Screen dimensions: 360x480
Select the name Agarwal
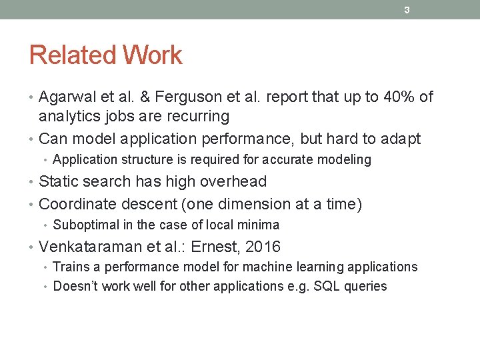coord(66,97)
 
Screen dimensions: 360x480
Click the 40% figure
coord(399,97)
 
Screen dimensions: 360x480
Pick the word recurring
coord(198,117)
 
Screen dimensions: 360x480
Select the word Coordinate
coord(77,204)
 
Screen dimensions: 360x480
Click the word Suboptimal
coord(86,225)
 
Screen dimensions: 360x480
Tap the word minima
coord(259,225)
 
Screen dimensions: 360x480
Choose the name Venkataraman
coord(91,247)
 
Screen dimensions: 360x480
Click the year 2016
coord(263,247)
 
